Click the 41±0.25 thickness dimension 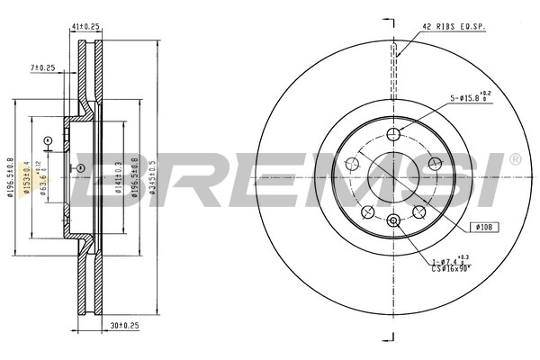85,28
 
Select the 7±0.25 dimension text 42,67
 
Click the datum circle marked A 49,139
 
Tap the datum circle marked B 79,168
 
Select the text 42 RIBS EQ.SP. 454,28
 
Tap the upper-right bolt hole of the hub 436,163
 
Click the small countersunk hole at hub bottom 392,220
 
